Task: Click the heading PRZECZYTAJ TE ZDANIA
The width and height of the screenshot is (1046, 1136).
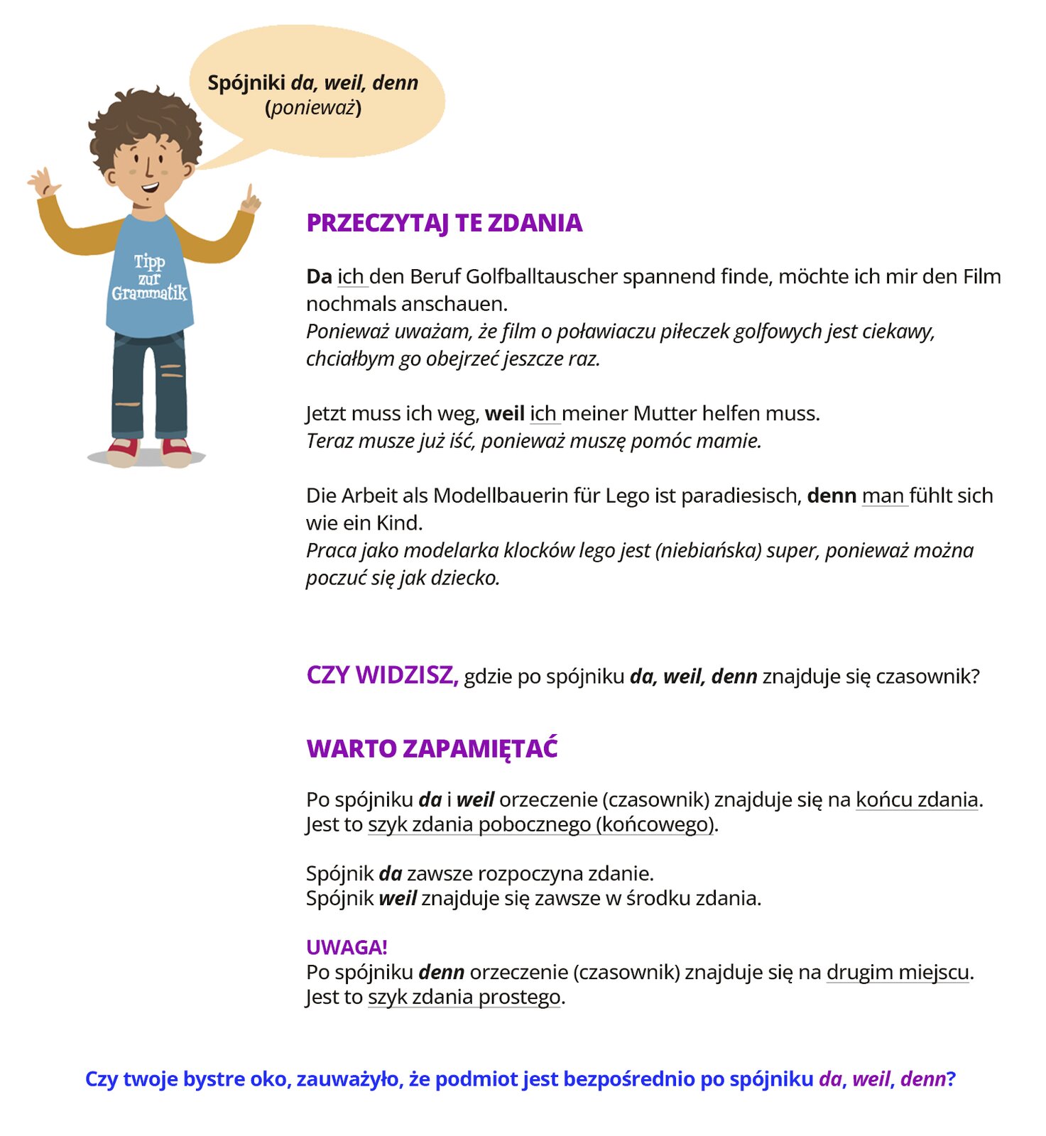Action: [x=444, y=223]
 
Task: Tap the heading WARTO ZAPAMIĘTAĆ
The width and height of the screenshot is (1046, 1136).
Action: [x=432, y=749]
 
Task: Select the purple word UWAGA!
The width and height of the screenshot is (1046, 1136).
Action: [x=347, y=947]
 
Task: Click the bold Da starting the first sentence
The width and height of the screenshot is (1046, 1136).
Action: [x=319, y=276]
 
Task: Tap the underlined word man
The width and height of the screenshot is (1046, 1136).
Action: [x=883, y=496]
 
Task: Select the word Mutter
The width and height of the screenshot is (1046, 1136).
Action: [x=665, y=413]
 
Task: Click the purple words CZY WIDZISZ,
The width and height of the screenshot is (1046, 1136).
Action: [x=382, y=675]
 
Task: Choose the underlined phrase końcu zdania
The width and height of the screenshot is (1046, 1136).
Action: [x=917, y=800]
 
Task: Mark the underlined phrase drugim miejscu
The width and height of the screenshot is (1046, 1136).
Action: [x=898, y=972]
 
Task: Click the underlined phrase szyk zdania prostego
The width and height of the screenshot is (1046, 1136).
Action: [x=464, y=997]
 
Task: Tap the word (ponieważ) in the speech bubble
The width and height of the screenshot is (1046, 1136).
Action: [x=313, y=108]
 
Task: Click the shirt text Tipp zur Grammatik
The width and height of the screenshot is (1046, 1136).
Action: [x=149, y=278]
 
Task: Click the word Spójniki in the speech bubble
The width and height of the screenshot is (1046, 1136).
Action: [x=246, y=83]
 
